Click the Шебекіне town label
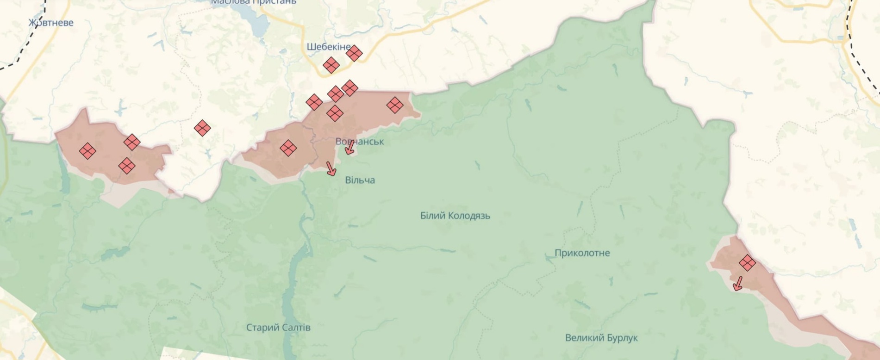328,47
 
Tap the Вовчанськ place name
360,142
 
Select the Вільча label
360,180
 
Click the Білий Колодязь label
455,216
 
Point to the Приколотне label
582,253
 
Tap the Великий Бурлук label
601,338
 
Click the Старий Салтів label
278,328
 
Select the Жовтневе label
51,23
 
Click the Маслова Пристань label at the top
254,2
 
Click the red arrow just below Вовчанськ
350,147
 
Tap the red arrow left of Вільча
331,168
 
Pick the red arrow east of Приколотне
738,283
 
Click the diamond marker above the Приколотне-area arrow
747,263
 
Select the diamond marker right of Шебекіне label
354,53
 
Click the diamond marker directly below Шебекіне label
331,65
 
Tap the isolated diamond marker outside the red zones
202,128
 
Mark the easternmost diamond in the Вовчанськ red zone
394,105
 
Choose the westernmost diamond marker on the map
87,151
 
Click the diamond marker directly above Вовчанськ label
335,113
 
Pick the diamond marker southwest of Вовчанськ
288,148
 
